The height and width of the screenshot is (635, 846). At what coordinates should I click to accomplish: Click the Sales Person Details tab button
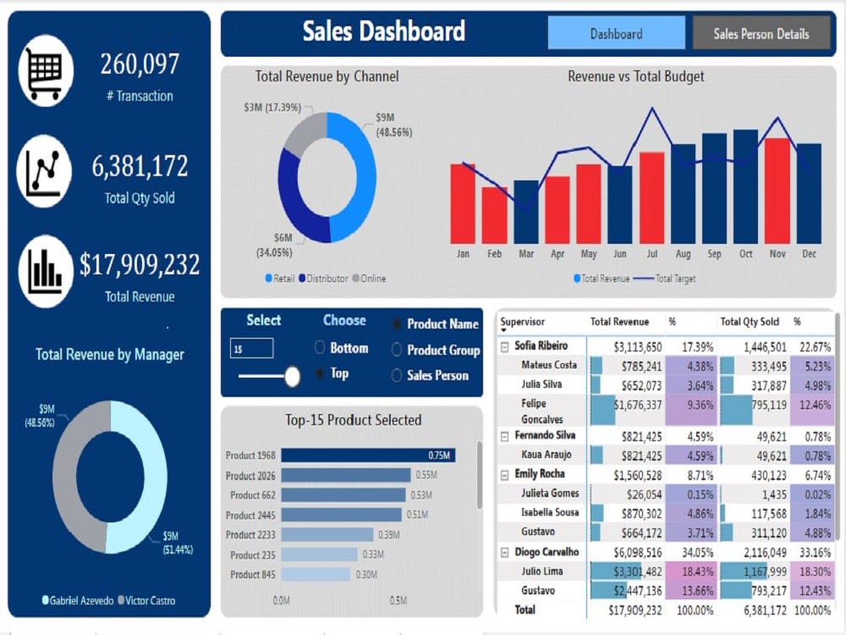(x=761, y=34)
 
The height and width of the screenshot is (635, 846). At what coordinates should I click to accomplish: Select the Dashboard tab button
(x=616, y=34)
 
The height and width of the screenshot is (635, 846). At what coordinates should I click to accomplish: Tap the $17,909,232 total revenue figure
(x=140, y=265)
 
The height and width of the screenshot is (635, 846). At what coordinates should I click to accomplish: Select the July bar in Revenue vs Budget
(x=651, y=197)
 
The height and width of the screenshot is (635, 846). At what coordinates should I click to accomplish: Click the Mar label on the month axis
(x=526, y=254)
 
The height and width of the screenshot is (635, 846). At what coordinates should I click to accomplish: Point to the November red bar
(x=777, y=190)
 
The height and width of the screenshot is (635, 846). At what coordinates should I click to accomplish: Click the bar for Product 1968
(x=367, y=456)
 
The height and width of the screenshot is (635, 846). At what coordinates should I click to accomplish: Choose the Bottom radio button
(x=320, y=348)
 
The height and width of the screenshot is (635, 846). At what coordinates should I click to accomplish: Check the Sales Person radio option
(x=397, y=376)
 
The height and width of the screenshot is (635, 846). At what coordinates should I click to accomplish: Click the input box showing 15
(x=251, y=348)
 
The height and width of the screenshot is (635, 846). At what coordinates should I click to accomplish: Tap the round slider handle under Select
(x=292, y=377)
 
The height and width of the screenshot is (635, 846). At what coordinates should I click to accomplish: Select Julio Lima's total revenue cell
(x=627, y=571)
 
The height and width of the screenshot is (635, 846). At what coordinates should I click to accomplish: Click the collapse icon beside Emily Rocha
(x=504, y=474)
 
